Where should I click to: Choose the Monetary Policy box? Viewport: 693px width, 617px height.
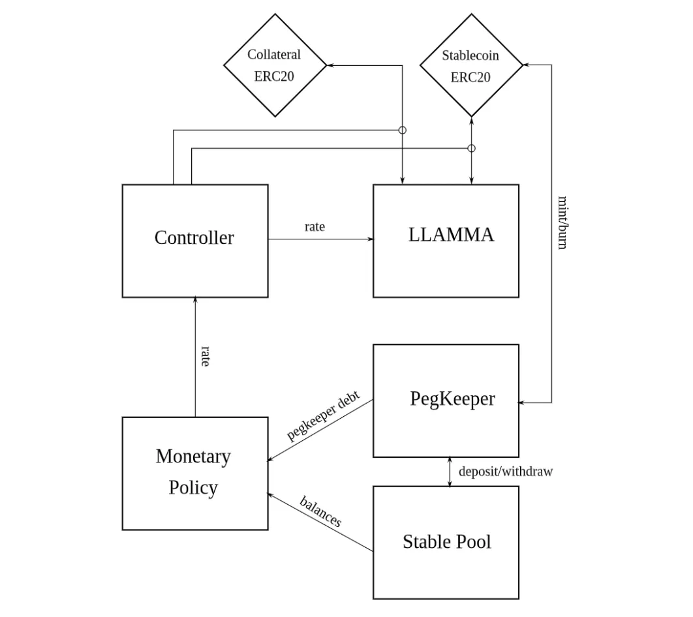(x=194, y=473)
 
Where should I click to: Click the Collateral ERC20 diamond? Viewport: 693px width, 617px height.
(x=275, y=65)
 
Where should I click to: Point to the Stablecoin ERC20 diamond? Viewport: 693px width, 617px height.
(x=470, y=65)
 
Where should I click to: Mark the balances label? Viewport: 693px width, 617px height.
(x=320, y=511)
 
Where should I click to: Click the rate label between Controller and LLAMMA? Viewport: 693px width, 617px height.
(x=315, y=227)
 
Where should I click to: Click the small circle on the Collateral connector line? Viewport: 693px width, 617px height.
(x=402, y=130)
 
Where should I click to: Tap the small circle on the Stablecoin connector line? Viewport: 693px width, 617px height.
(x=472, y=149)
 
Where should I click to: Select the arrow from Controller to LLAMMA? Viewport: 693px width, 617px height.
(x=320, y=239)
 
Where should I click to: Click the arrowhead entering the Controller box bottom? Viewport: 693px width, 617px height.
(x=195, y=301)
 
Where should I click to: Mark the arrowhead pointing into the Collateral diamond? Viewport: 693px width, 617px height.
(x=330, y=65)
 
